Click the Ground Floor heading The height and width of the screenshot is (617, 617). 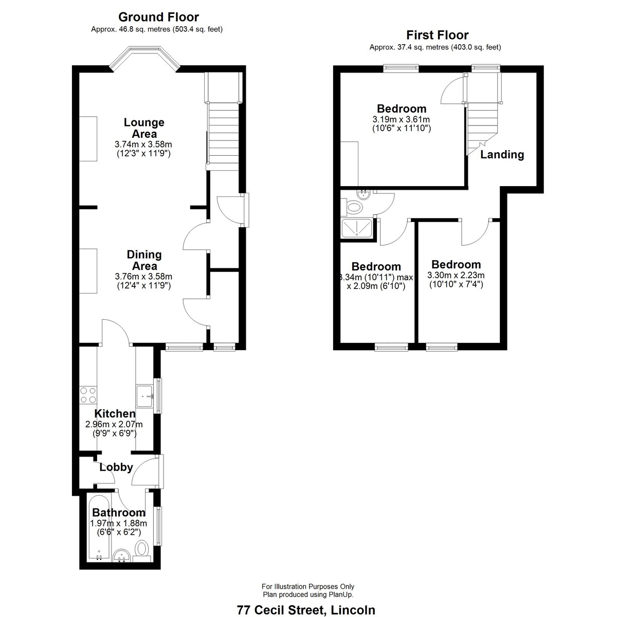tap(158, 16)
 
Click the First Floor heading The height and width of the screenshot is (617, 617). tap(438, 34)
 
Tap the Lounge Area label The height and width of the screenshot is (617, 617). tap(144, 128)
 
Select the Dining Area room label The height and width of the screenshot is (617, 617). tap(144, 260)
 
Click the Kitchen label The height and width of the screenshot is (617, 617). tap(115, 413)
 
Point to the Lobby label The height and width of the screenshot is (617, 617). tap(116, 467)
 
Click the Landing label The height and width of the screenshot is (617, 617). tap(502, 154)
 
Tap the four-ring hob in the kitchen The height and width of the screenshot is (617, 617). tap(88, 395)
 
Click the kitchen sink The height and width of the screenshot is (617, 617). tap(144, 396)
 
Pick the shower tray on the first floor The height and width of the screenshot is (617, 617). tap(357, 228)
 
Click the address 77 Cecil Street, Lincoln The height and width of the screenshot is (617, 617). tap(306, 610)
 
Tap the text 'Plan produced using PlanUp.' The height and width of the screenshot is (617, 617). tap(308, 594)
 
